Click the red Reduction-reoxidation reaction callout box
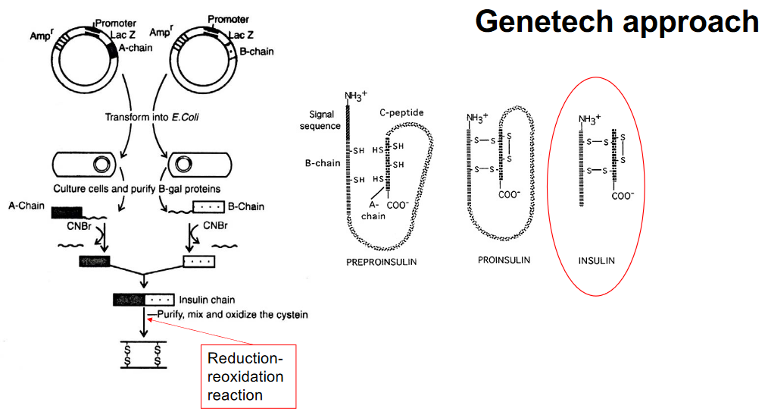(248, 376)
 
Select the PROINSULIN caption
(503, 259)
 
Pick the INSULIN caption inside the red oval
(596, 260)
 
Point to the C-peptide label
(401, 113)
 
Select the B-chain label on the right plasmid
(256, 52)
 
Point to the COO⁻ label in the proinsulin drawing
(509, 194)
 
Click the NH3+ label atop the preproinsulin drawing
(356, 96)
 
